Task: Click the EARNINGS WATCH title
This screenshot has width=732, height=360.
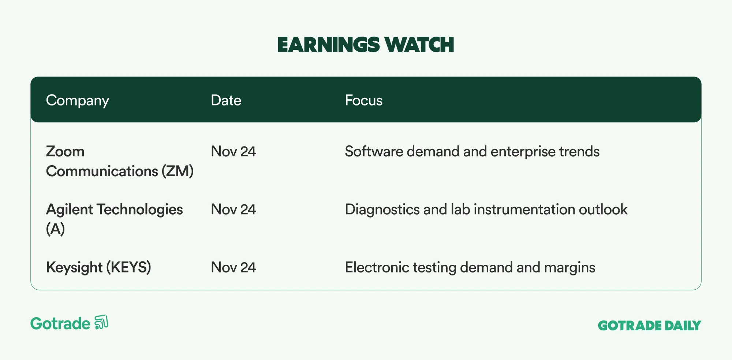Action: click(x=366, y=45)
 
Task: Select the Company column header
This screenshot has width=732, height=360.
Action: click(x=78, y=101)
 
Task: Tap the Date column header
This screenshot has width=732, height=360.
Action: click(x=226, y=100)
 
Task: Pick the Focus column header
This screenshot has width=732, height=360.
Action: click(x=363, y=100)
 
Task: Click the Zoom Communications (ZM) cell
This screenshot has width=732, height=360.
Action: click(x=120, y=162)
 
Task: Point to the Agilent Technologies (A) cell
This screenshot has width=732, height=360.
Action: click(x=114, y=219)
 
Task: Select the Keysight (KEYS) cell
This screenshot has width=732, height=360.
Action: click(x=98, y=268)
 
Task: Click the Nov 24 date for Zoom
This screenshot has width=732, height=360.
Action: click(x=234, y=152)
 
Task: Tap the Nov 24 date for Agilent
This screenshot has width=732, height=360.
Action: click(x=234, y=209)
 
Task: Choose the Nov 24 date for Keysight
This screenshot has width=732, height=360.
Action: click(x=234, y=267)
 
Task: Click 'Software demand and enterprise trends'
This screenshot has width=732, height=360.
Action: click(x=472, y=152)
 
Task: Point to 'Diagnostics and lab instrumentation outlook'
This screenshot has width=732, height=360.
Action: click(x=486, y=209)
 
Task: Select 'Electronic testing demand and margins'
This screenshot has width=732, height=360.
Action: click(x=470, y=268)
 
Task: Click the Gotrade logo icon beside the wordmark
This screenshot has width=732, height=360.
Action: click(x=101, y=322)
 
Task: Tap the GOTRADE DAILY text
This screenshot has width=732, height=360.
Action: click(x=649, y=326)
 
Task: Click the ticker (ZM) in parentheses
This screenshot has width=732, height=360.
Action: click(x=178, y=171)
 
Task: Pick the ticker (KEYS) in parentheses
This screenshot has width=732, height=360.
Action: click(x=128, y=268)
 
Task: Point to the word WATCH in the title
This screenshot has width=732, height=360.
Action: click(x=419, y=45)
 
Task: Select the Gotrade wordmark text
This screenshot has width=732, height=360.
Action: click(x=60, y=324)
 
